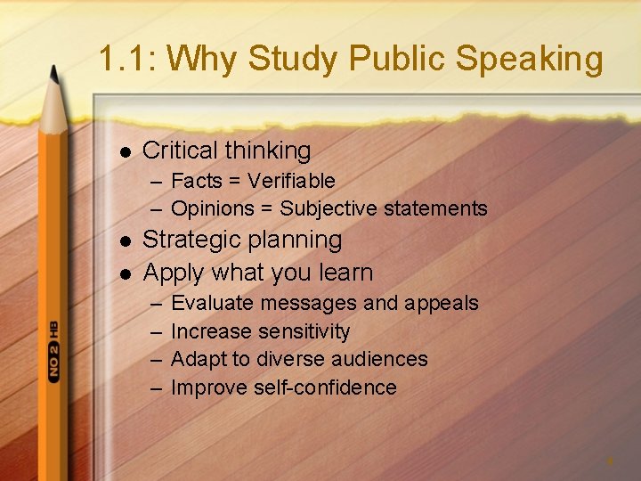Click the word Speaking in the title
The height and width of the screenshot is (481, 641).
tap(530, 60)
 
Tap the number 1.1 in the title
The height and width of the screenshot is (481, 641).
tap(124, 60)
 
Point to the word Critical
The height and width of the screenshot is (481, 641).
tap(180, 151)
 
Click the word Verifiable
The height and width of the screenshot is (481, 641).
tap(291, 181)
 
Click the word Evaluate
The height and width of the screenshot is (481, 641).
tap(212, 303)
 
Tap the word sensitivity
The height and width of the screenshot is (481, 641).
tap(304, 331)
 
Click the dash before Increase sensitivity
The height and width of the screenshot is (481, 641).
tap(156, 331)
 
